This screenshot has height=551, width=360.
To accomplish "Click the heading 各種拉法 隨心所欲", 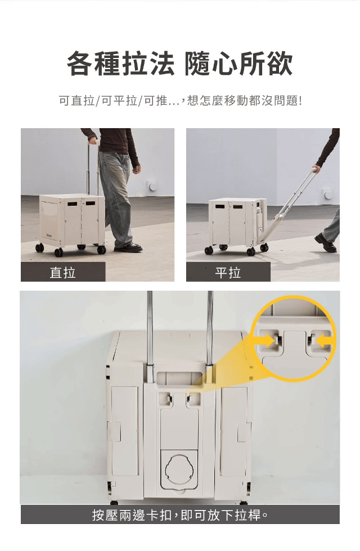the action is (x=179, y=64).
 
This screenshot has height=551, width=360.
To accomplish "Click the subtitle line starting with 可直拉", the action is (x=180, y=101).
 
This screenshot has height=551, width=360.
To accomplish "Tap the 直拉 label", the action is (x=62, y=273).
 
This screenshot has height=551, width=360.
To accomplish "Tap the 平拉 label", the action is (x=228, y=273).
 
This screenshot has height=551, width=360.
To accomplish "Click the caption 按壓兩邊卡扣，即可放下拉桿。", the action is (x=180, y=515).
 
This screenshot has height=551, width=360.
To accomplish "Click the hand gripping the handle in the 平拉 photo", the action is (x=316, y=170).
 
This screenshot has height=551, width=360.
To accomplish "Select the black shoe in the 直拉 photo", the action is (x=129, y=247).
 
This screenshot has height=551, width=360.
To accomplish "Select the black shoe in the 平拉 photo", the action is (x=326, y=242).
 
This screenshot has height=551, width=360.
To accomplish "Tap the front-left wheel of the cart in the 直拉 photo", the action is (x=58, y=252).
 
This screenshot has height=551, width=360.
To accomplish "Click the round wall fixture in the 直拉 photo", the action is (x=152, y=186).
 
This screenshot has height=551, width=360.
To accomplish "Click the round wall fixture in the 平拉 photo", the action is (x=327, y=193).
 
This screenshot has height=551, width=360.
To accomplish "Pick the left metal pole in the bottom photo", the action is (x=150, y=328).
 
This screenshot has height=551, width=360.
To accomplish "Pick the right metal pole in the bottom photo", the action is (x=210, y=328).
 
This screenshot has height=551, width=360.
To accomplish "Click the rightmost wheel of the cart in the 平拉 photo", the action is (x=264, y=247).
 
